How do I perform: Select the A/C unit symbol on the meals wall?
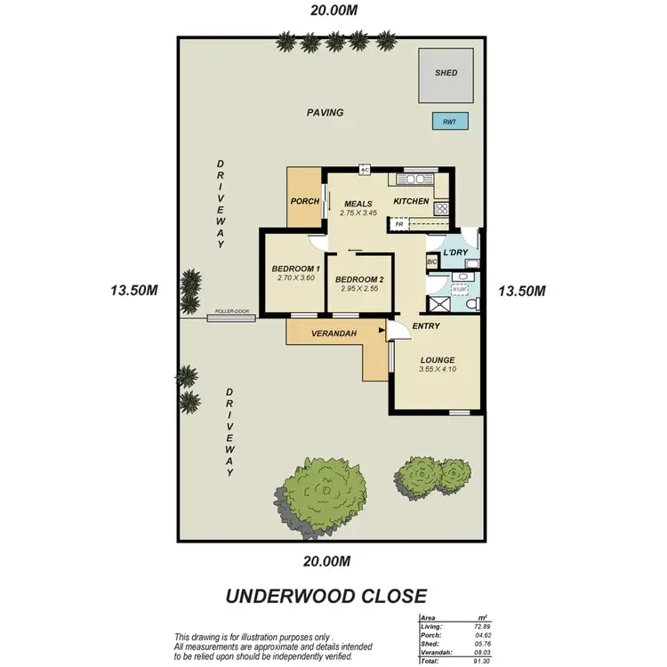tap(365, 170)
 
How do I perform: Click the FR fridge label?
tap(399, 225)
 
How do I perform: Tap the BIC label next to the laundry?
tap(432, 261)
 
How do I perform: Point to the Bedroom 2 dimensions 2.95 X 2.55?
tap(358, 289)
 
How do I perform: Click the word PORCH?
tap(305, 201)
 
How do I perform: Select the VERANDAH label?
tap(333, 333)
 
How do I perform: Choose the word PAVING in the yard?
tap(325, 113)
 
